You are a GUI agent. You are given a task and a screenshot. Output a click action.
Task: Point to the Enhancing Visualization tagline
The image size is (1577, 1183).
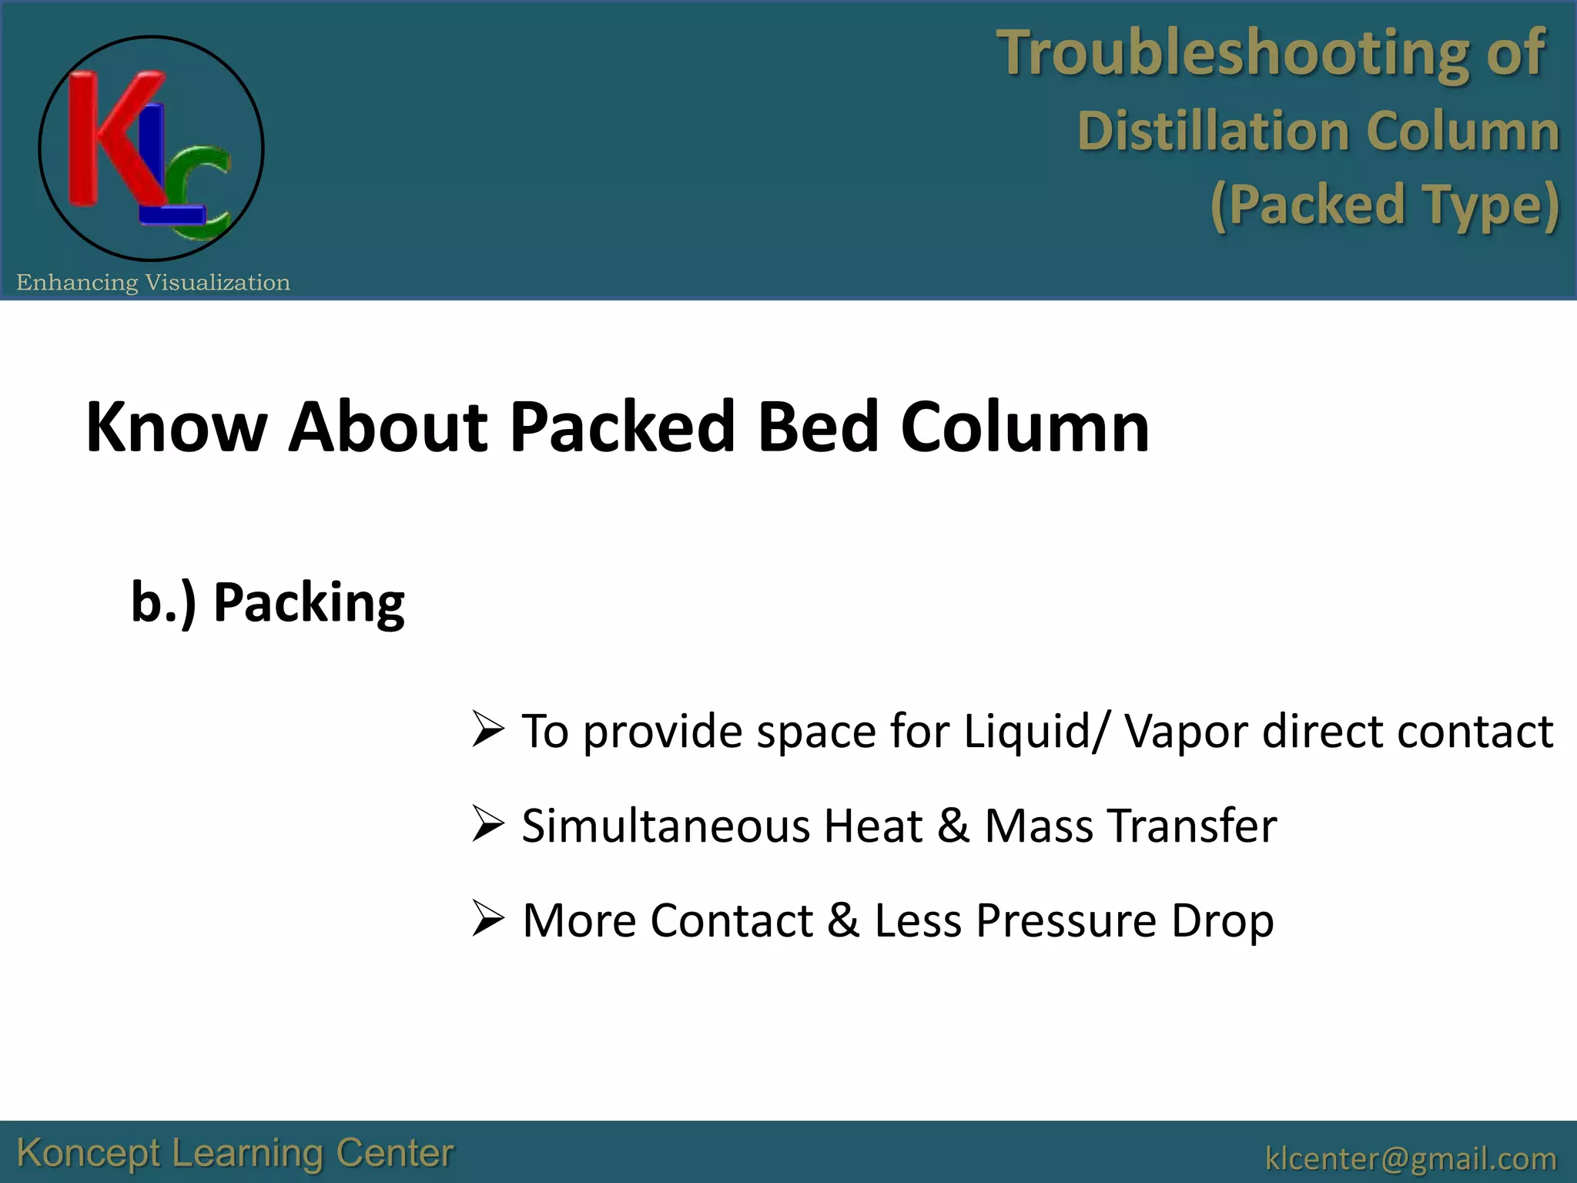pos(153,283)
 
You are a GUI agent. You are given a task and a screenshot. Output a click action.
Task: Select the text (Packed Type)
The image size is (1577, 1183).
pos(1384,205)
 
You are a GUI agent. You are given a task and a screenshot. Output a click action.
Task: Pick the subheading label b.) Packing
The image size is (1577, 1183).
pos(267,602)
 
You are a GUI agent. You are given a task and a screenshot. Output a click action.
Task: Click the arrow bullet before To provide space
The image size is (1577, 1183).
pos(488,730)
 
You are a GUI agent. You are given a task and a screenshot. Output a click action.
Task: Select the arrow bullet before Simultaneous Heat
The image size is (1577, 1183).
pos(488,825)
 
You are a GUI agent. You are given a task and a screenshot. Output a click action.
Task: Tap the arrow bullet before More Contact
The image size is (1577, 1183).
pos(488,920)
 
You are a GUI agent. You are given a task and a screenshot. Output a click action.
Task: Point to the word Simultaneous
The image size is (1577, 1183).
pos(666,826)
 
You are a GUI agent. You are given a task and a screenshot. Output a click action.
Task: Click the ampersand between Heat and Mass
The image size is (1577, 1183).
pos(953,826)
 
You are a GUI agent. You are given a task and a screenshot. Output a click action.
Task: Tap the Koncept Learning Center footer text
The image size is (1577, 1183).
pos(235,1153)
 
